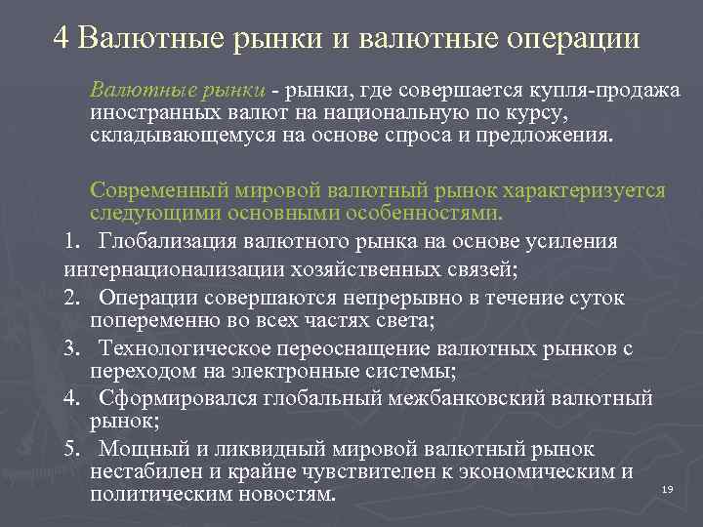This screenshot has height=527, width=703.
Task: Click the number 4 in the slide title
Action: pos(62,38)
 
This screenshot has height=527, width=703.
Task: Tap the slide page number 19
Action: pos(668,488)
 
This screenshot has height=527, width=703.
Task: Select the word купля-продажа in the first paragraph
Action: pos(616,91)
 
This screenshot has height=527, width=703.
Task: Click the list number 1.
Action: pos(70,241)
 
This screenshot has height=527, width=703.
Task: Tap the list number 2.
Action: pos(70,297)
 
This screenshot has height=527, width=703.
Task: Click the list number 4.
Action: pos(70,397)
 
